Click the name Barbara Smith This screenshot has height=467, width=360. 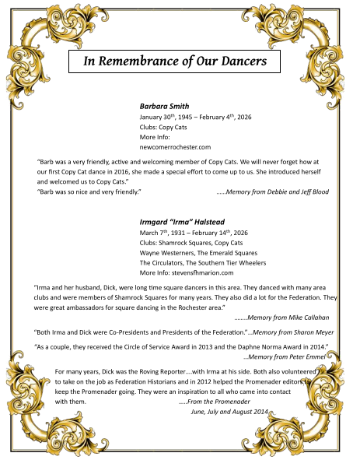[x=165, y=105]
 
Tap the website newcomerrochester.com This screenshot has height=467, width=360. [x=175, y=146]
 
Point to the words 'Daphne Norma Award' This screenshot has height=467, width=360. [x=269, y=345]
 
